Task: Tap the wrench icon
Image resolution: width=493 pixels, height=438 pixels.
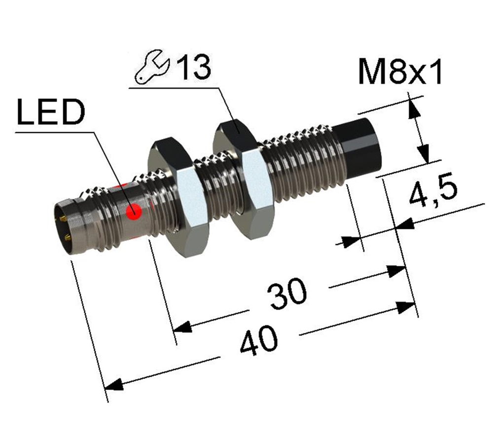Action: (x=152, y=67)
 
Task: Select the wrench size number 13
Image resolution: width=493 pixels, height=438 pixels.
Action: (x=194, y=68)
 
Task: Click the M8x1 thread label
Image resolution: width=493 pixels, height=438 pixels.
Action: (x=400, y=73)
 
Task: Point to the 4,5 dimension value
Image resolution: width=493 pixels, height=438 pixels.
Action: (x=433, y=191)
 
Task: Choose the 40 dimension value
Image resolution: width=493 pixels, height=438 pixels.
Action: (x=258, y=341)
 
